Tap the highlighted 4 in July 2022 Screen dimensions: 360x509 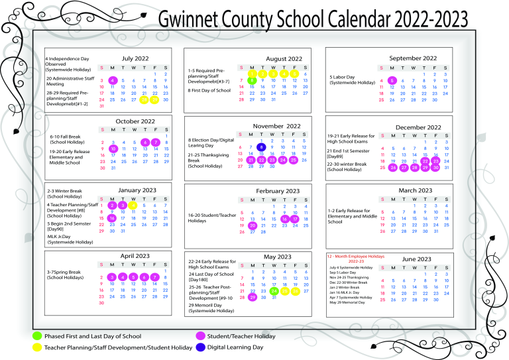click(113, 80)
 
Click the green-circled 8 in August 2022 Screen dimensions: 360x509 click(252, 81)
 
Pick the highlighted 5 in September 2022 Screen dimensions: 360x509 click(392, 81)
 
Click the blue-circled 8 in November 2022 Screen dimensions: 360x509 click(262, 147)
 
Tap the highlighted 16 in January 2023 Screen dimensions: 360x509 click(112, 218)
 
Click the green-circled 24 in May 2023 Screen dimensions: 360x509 click(274, 290)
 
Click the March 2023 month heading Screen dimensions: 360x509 click(415, 190)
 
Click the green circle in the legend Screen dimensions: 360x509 click(37, 335)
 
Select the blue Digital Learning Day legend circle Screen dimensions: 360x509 click(200, 347)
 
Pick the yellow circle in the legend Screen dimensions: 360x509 click(37, 347)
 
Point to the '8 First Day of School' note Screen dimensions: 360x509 click(209, 90)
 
